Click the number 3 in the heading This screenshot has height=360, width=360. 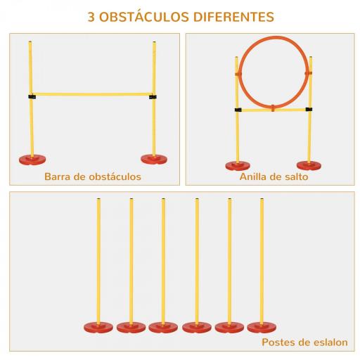pyautogui.click(x=91, y=15)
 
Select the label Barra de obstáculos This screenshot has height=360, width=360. pyautogui.click(x=92, y=176)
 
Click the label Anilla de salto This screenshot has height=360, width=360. pyautogui.click(x=274, y=176)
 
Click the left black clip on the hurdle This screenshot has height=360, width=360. pyautogui.click(x=32, y=96)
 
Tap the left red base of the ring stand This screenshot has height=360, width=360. pyautogui.click(x=237, y=166)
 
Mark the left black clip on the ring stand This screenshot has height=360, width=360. pyautogui.click(x=238, y=110)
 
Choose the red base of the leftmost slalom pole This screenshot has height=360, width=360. pyautogui.click(x=98, y=326)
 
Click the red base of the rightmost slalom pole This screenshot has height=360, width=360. pyautogui.click(x=262, y=326)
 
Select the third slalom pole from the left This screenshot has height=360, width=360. pyautogui.click(x=163, y=260)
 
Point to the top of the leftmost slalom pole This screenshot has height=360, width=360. pyautogui.click(x=98, y=202)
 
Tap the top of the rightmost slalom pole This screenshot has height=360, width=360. pyautogui.click(x=262, y=202)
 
